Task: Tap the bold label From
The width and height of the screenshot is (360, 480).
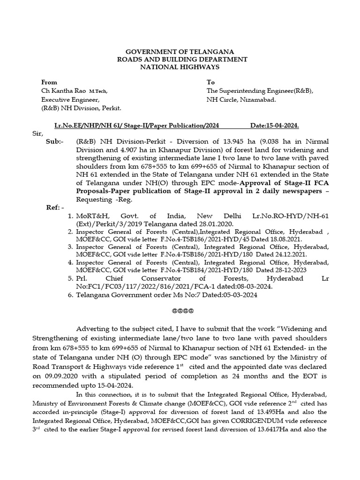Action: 49,82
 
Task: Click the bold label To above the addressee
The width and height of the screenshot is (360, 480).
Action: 210,82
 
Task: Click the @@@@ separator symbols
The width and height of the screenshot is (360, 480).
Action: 180,311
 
